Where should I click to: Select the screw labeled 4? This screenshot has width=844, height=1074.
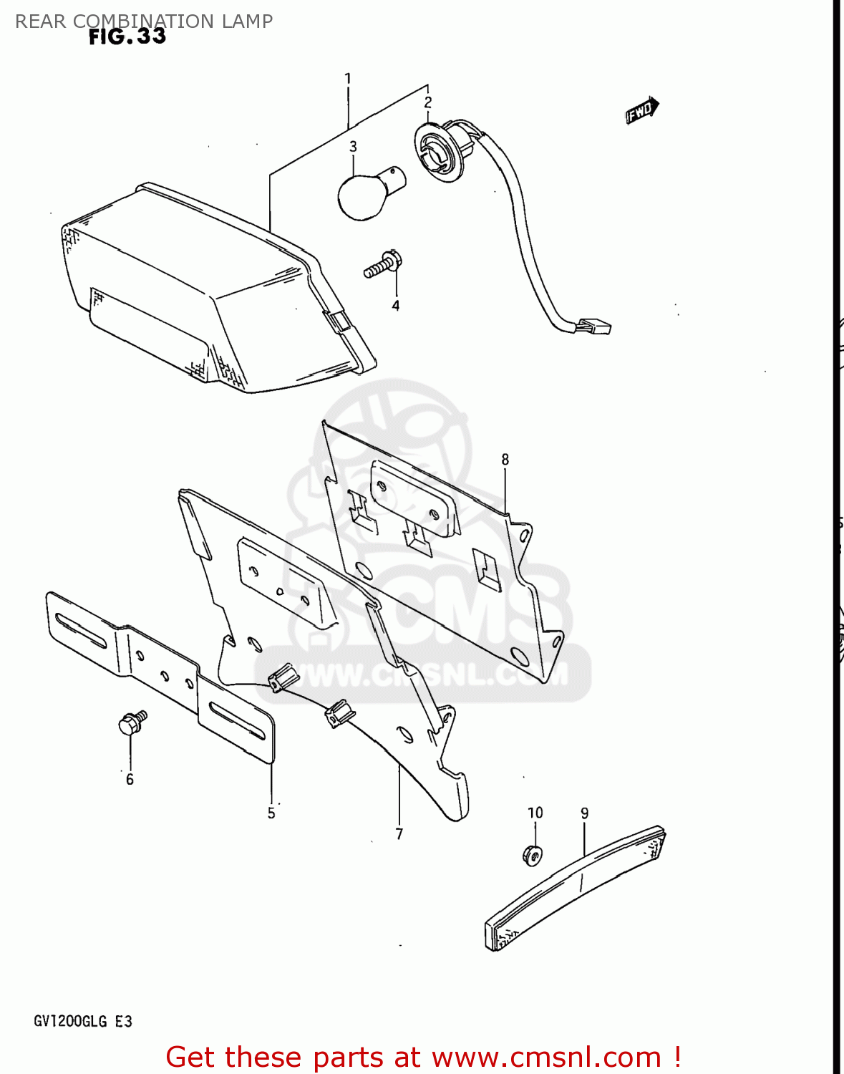(x=383, y=266)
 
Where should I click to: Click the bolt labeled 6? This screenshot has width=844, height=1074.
(x=131, y=723)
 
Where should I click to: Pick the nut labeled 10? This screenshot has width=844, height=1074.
(x=533, y=854)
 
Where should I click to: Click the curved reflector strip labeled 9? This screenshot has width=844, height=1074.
(x=576, y=889)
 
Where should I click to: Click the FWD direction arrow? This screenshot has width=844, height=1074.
(x=641, y=110)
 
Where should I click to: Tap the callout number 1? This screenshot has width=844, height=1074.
(x=348, y=78)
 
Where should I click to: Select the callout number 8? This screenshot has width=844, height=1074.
(x=505, y=460)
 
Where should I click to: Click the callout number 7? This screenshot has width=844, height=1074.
(x=399, y=834)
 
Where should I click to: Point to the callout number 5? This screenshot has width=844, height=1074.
(x=271, y=813)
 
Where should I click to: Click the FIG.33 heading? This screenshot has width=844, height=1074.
(x=127, y=37)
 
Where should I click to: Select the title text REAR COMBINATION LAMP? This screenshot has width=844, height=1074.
(x=144, y=21)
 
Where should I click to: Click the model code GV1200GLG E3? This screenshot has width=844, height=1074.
(x=83, y=1021)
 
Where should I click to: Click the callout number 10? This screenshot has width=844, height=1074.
(x=535, y=813)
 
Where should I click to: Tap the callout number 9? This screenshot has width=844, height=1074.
(x=585, y=813)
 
